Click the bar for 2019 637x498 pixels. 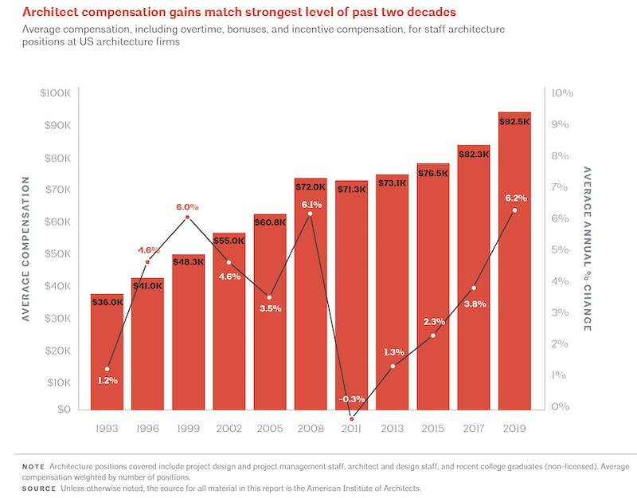(514, 263)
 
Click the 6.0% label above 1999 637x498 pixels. (187, 207)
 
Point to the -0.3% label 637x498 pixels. (351, 398)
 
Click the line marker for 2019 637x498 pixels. (514, 210)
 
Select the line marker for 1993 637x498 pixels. (107, 369)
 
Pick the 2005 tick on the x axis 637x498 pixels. (270, 429)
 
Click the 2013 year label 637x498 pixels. (393, 429)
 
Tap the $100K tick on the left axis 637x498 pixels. (54, 93)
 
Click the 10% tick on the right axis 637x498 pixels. (561, 93)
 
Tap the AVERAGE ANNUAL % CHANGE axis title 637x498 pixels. (587, 249)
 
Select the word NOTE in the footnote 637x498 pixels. (33, 465)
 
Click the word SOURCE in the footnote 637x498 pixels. (39, 488)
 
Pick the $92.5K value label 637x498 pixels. (514, 122)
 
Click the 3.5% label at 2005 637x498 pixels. (270, 308)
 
